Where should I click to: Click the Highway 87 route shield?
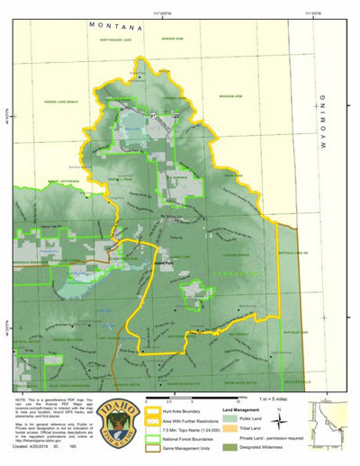(x=154, y=116)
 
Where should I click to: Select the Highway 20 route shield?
(x=176, y=116)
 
